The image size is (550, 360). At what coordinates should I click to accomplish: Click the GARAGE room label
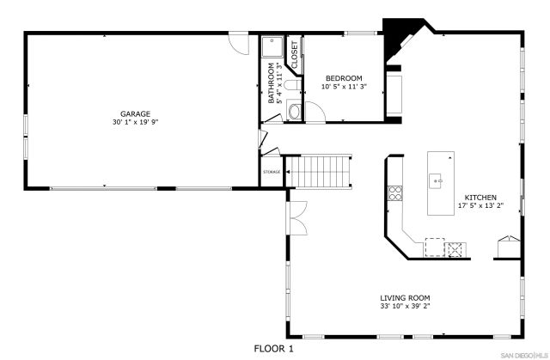135,113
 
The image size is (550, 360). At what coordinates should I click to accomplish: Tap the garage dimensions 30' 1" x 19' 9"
135,122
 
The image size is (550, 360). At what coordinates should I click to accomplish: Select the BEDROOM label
343,78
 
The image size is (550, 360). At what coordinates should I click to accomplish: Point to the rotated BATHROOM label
272,82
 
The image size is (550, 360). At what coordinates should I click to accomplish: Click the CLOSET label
293,53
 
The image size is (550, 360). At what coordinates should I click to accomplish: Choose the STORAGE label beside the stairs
272,172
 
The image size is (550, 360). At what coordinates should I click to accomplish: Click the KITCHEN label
480,197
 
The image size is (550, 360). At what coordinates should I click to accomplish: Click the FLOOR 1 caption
274,348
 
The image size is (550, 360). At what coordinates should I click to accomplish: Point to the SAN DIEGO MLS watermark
523,354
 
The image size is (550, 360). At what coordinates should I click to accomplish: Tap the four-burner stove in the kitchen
396,193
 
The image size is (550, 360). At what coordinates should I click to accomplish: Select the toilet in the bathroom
290,87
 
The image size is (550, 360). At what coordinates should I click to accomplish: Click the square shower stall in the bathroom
272,47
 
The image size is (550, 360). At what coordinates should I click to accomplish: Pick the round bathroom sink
295,111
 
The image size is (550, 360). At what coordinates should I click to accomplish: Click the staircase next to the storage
320,171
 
